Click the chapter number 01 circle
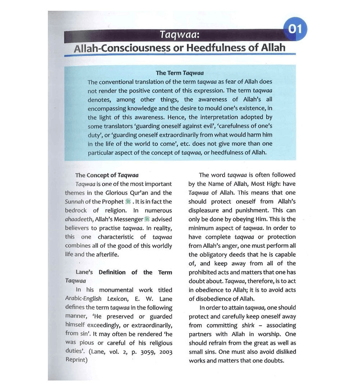click(295, 29)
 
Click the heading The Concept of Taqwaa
click(107, 175)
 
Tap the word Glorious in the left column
click(131, 193)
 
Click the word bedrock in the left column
click(76, 210)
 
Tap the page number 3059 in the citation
click(143, 352)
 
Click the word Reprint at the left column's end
click(77, 360)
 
